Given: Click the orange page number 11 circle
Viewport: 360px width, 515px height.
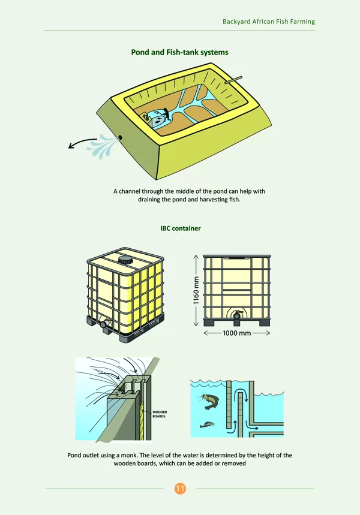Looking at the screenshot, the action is point(180,489).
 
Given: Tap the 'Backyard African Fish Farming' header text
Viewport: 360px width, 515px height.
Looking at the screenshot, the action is point(269,22).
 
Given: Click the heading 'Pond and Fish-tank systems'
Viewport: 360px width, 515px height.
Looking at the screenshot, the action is point(179,52).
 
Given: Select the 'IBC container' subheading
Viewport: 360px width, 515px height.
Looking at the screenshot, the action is point(181,228).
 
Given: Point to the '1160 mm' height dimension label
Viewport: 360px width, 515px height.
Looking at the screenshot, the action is point(196,290).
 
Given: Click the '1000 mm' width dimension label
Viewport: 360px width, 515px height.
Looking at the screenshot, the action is point(237,333).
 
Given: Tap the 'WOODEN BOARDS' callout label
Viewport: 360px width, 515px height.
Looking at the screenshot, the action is point(160,414).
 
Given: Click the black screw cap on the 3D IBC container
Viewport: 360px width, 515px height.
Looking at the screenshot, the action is point(125,260).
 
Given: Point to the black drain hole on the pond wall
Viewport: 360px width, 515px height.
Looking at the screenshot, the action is point(121,137).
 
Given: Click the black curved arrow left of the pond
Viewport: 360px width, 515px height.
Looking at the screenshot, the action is point(82,142).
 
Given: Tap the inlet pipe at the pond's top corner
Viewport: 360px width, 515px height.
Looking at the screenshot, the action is point(233,80).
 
